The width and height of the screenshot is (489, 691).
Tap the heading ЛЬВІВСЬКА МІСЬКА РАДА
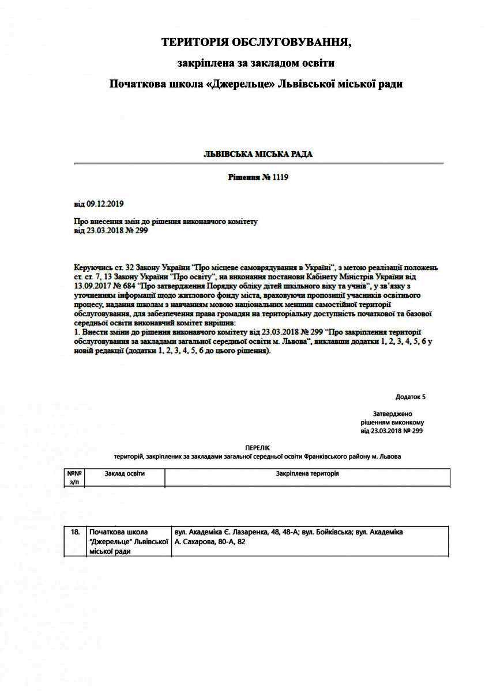[258, 154]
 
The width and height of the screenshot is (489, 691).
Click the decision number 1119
[280, 178]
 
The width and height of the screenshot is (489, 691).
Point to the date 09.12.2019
[105, 204]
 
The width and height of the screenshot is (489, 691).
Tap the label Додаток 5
[411, 397]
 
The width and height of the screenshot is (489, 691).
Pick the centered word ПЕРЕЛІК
[257, 447]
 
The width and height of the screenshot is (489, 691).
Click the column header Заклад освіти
[125, 473]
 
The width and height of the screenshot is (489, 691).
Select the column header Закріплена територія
[307, 473]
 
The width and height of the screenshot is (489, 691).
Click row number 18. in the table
[75, 533]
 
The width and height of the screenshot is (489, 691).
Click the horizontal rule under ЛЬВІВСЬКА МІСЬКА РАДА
[258, 164]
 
